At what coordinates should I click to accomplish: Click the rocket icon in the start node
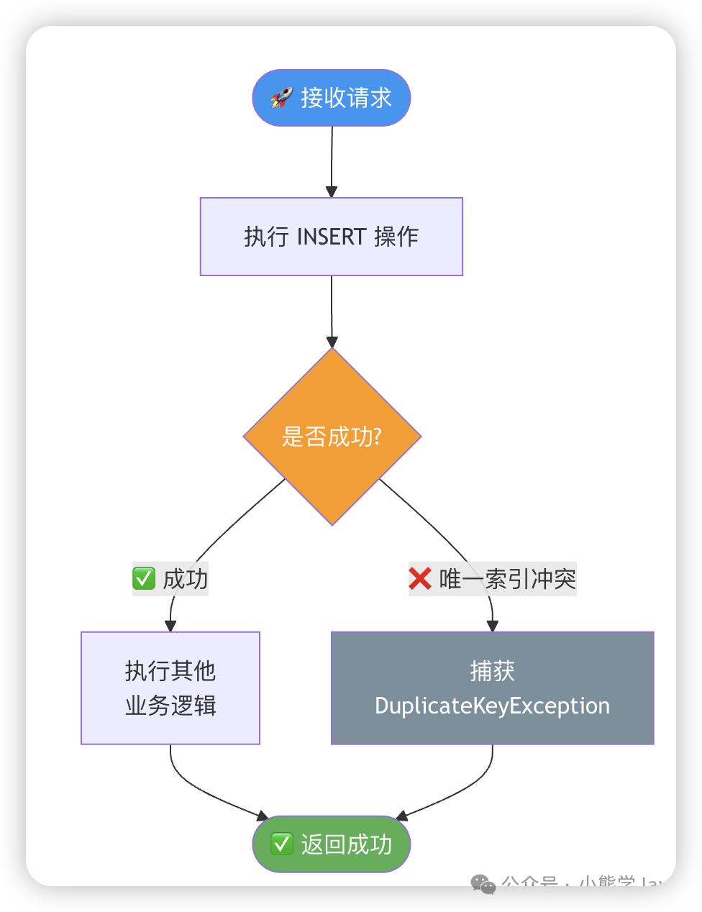tap(281, 98)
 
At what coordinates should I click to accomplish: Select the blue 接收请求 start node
tap(332, 98)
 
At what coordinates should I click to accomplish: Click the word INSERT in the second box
tap(332, 237)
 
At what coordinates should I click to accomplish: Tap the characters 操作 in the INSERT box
tap(396, 237)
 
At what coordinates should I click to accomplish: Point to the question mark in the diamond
tap(377, 437)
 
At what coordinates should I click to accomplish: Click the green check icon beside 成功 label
tap(144, 578)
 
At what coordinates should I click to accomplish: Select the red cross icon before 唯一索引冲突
tap(420, 578)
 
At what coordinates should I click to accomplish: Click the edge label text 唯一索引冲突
tap(507, 578)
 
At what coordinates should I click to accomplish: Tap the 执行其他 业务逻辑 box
tap(170, 688)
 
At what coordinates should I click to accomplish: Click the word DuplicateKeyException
tap(492, 706)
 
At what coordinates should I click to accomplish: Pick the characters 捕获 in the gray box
tap(492, 671)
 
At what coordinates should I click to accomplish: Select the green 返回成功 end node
tap(332, 844)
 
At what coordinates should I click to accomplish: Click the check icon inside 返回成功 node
tap(281, 844)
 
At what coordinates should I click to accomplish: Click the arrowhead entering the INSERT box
tap(332, 191)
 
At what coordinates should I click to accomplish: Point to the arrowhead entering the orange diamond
tap(332, 342)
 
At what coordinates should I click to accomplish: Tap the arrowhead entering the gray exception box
tap(493, 626)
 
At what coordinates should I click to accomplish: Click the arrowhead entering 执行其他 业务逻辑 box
tap(170, 626)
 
